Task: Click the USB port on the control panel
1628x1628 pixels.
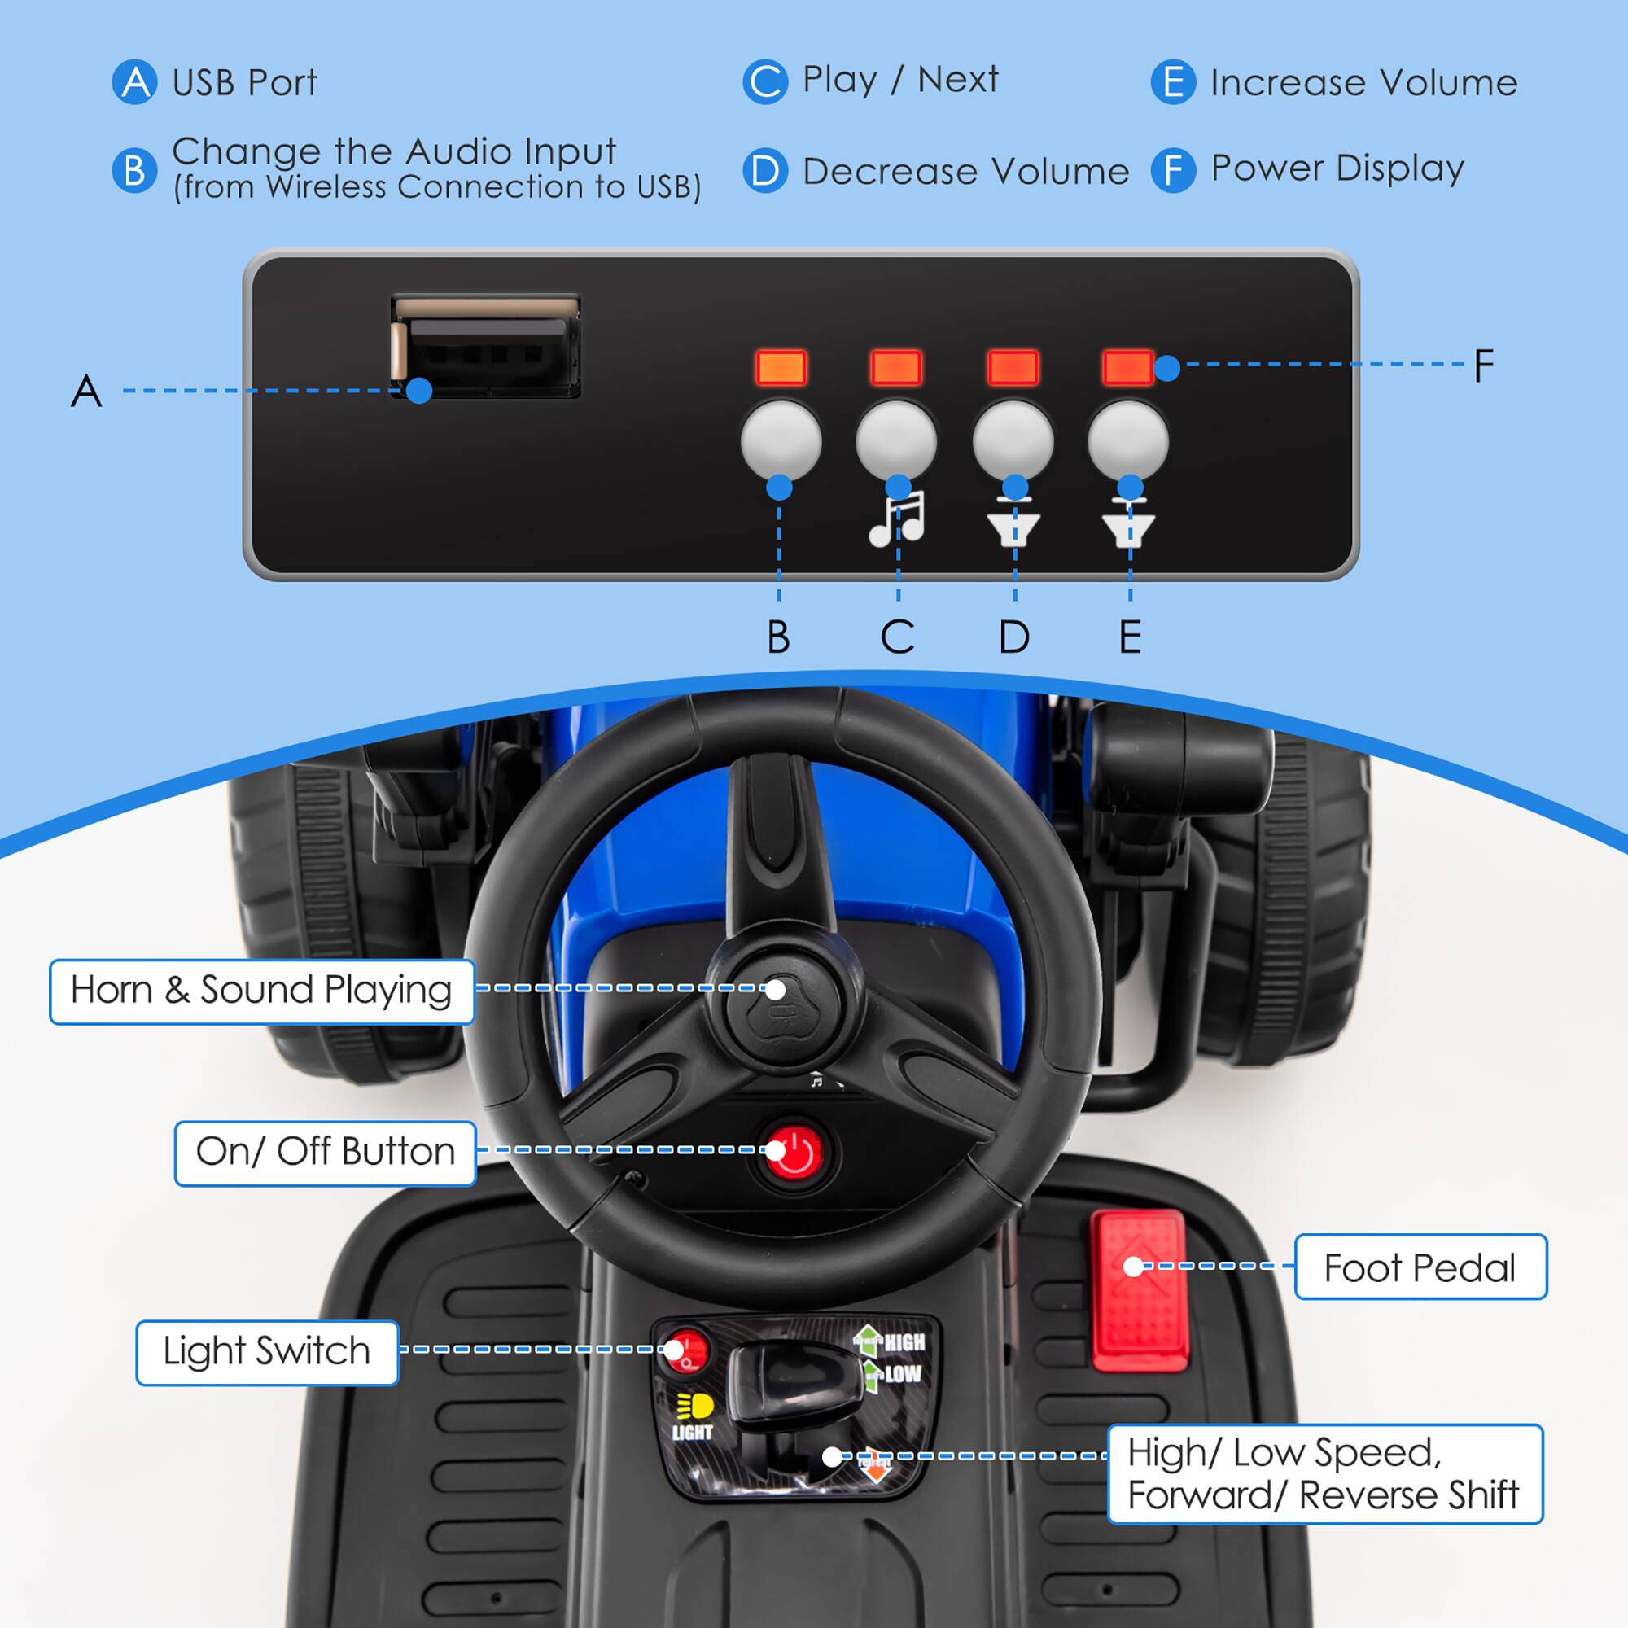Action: [x=486, y=344]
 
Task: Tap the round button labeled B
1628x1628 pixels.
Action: [x=781, y=440]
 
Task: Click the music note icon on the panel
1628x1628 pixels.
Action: [x=896, y=519]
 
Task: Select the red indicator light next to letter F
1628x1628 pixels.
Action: [x=1127, y=367]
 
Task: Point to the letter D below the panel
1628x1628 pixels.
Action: [x=1014, y=637]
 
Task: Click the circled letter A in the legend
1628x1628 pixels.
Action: [x=135, y=82]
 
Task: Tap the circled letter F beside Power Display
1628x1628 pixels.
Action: [x=1173, y=170]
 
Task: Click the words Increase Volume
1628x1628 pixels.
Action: [x=1363, y=82]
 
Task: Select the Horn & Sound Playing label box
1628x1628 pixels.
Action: [x=261, y=991]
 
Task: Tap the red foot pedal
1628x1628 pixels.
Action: [x=1139, y=1289]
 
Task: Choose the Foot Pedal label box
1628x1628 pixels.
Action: [x=1420, y=1267]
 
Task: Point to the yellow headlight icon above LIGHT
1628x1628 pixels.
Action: [x=695, y=1406]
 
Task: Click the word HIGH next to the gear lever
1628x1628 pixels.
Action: [x=904, y=1342]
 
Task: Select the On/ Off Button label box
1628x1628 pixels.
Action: [x=326, y=1152]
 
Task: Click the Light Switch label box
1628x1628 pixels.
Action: [x=266, y=1351]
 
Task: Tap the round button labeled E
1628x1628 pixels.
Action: [x=1127, y=440]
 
